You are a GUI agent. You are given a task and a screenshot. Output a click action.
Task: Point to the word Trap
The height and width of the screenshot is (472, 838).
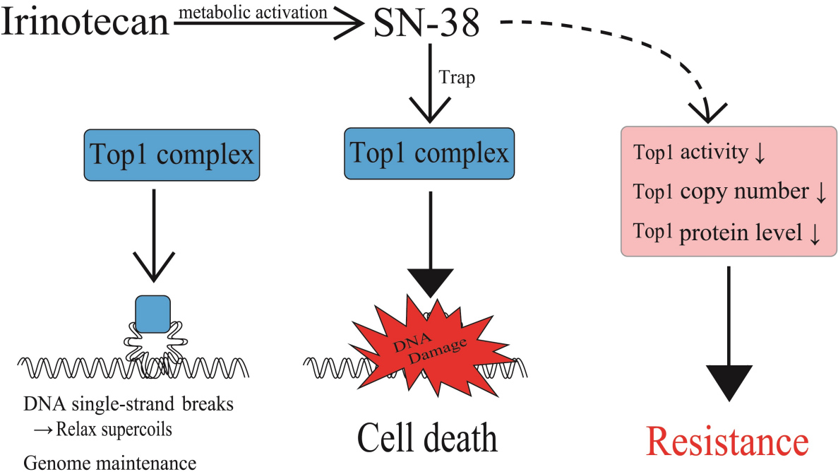[x=457, y=78]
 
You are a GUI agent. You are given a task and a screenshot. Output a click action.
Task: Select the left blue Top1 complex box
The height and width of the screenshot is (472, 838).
[x=169, y=155]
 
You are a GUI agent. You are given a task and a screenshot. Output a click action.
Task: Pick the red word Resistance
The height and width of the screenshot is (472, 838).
[x=727, y=442]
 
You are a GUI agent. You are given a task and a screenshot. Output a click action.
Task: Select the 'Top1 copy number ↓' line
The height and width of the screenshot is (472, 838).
[x=729, y=192]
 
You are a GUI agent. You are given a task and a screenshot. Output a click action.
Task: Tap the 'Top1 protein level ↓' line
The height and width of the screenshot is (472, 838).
[x=727, y=233]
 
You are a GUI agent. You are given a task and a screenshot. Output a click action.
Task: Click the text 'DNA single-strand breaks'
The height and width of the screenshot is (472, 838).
[x=128, y=406]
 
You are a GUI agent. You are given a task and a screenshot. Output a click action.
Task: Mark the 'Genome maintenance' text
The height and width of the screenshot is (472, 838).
[x=109, y=462]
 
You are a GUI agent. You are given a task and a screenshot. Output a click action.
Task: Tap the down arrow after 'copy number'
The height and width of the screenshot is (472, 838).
[x=820, y=194]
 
